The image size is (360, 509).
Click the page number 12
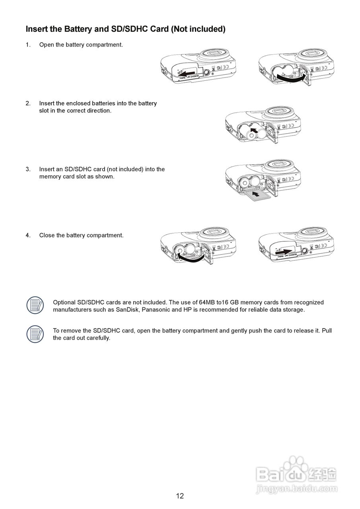click(x=180, y=496)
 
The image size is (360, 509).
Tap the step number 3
click(x=28, y=169)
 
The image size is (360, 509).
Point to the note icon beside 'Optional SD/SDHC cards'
click(x=35, y=305)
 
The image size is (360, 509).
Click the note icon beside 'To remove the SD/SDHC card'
click(x=35, y=334)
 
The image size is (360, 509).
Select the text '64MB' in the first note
click(x=207, y=303)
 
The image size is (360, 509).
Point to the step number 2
click(x=28, y=103)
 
